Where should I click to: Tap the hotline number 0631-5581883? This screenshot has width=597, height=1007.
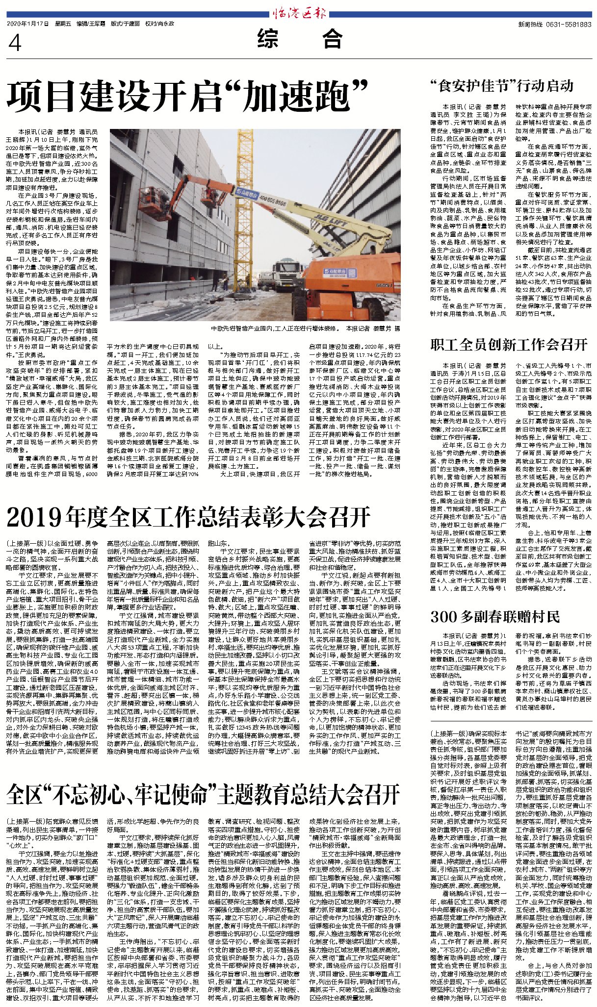(x=561, y=25)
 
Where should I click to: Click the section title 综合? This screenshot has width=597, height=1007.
(x=299, y=39)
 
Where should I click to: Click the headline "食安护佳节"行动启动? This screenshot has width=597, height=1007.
(x=501, y=86)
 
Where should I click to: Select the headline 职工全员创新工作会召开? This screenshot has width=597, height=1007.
(x=508, y=344)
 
